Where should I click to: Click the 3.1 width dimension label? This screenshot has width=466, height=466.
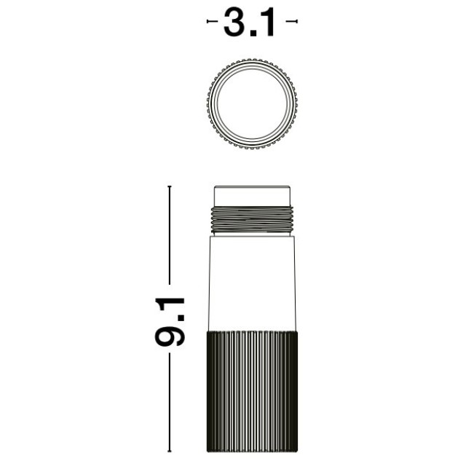click(249, 23)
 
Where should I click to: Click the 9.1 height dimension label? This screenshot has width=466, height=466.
click(170, 322)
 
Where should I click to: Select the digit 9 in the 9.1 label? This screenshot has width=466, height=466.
click(170, 334)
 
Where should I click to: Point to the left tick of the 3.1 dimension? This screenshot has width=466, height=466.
click(208, 21)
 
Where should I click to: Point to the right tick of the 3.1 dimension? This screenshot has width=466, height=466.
click(296, 21)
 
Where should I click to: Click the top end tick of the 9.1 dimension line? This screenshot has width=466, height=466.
click(170, 186)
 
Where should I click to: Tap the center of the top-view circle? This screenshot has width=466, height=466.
click(252, 103)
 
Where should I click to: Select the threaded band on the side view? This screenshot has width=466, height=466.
click(252, 219)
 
